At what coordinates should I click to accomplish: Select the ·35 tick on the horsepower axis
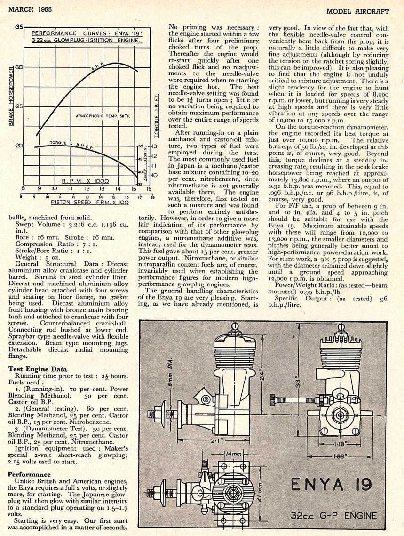coord(19,28)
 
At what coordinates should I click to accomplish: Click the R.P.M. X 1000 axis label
coord(86,181)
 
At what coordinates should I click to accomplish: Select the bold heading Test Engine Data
coord(38,369)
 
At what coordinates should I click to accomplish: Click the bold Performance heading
coord(29,474)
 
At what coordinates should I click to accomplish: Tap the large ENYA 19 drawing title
coord(332,484)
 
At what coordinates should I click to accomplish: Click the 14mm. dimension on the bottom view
coord(233,454)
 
